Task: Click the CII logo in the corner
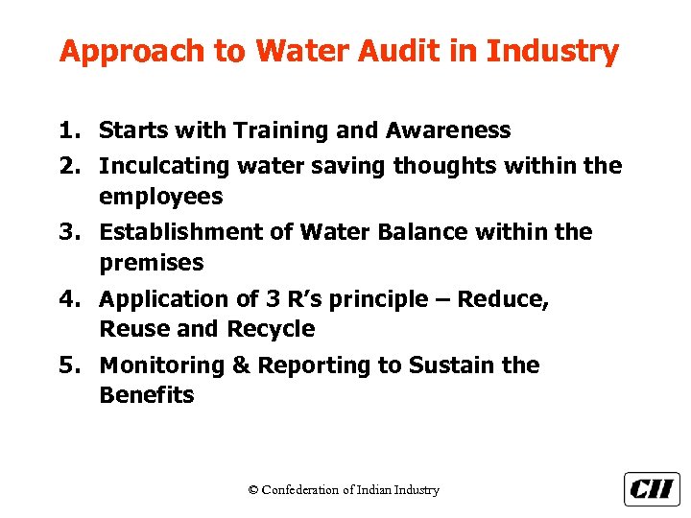652,488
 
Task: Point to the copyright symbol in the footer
253,490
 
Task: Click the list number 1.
67,130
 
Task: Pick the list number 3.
67,233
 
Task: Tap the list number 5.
67,365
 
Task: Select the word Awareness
448,130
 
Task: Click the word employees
160,198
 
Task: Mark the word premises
152,263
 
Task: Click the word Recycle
271,329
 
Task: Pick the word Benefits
146,395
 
